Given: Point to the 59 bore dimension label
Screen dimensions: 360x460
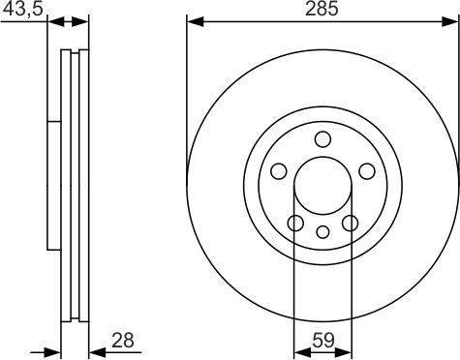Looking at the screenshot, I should (x=322, y=341).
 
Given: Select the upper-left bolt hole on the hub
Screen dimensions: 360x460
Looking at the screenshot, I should (x=278, y=171).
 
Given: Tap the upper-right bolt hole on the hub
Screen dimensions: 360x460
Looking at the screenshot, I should (x=367, y=171).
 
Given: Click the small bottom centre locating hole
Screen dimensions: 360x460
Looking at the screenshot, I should (x=322, y=230).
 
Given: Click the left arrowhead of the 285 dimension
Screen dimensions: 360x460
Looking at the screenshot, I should (x=192, y=20).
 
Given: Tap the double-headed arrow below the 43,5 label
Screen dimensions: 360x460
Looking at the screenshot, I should (x=68, y=20).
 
